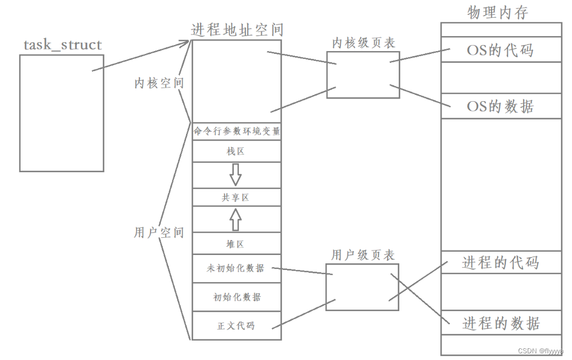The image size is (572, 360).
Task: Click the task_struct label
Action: (63, 45)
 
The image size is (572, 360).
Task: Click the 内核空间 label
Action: (159, 83)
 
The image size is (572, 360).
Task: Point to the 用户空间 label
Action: (159, 233)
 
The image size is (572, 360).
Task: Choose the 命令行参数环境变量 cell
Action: (237, 132)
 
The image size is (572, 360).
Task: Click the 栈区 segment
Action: (237, 151)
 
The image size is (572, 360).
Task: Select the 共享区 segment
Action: (237, 197)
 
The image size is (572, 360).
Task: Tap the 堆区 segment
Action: (237, 244)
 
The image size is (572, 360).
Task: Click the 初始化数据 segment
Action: (237, 297)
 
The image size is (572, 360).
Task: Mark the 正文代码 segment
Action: (237, 326)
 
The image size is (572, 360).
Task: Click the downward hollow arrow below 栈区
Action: (236, 174)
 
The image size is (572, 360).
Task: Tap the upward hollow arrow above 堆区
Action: (236, 219)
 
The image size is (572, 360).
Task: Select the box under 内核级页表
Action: (363, 75)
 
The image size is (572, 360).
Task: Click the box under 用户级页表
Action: (362, 287)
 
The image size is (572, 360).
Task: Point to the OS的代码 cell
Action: (500, 51)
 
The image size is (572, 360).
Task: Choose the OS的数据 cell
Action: (500, 106)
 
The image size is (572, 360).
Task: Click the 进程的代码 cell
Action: (500, 262)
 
